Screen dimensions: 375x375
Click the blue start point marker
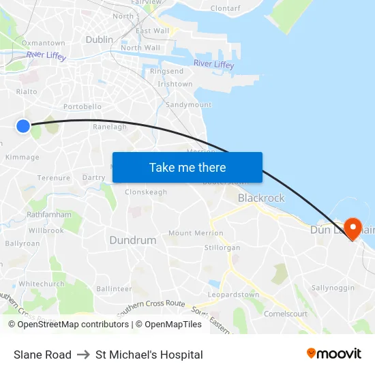coord(23,125)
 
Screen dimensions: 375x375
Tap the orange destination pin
coord(353,226)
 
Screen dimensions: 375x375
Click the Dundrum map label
coord(133,240)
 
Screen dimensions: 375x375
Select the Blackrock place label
coord(261,198)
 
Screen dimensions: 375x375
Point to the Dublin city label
coord(100,40)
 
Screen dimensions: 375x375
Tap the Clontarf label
coord(226,9)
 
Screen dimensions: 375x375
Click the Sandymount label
coord(189,105)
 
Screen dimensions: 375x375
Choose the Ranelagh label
coord(110,127)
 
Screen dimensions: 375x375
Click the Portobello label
coord(82,106)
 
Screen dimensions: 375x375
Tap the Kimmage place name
coord(22,157)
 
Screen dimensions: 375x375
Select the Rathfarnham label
coord(49,214)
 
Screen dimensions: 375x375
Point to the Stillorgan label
coord(223,247)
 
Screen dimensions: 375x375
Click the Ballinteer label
coord(114,289)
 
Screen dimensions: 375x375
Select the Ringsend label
coord(166,71)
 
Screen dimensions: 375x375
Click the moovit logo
coord(334,353)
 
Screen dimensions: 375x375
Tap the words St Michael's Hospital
coord(149,355)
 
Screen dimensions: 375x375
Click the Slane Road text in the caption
coord(42,355)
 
